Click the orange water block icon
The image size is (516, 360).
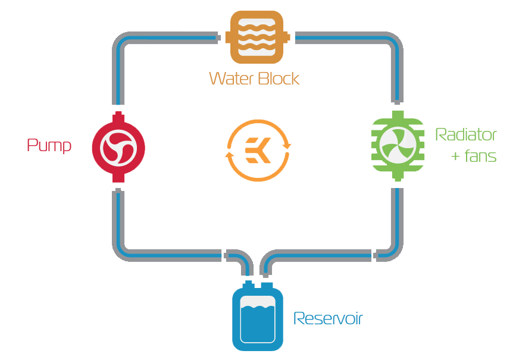(257, 37)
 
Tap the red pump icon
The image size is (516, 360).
(118, 148)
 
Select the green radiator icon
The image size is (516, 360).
(398, 146)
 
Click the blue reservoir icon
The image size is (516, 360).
(258, 317)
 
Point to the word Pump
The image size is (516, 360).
(49, 145)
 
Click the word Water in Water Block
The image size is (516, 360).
(232, 79)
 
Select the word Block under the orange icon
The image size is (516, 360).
(279, 79)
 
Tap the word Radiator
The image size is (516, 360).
(466, 134)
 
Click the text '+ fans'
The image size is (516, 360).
(474, 156)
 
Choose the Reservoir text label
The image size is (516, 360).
(328, 318)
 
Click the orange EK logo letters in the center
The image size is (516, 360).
(258, 151)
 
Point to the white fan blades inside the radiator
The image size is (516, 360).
(398, 145)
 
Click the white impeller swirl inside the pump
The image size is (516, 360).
(118, 148)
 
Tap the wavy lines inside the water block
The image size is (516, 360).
(257, 37)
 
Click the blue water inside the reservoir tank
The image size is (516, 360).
(258, 324)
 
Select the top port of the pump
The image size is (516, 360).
(118, 116)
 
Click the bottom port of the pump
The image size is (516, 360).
(118, 178)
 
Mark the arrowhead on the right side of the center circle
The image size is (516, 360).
(287, 145)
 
